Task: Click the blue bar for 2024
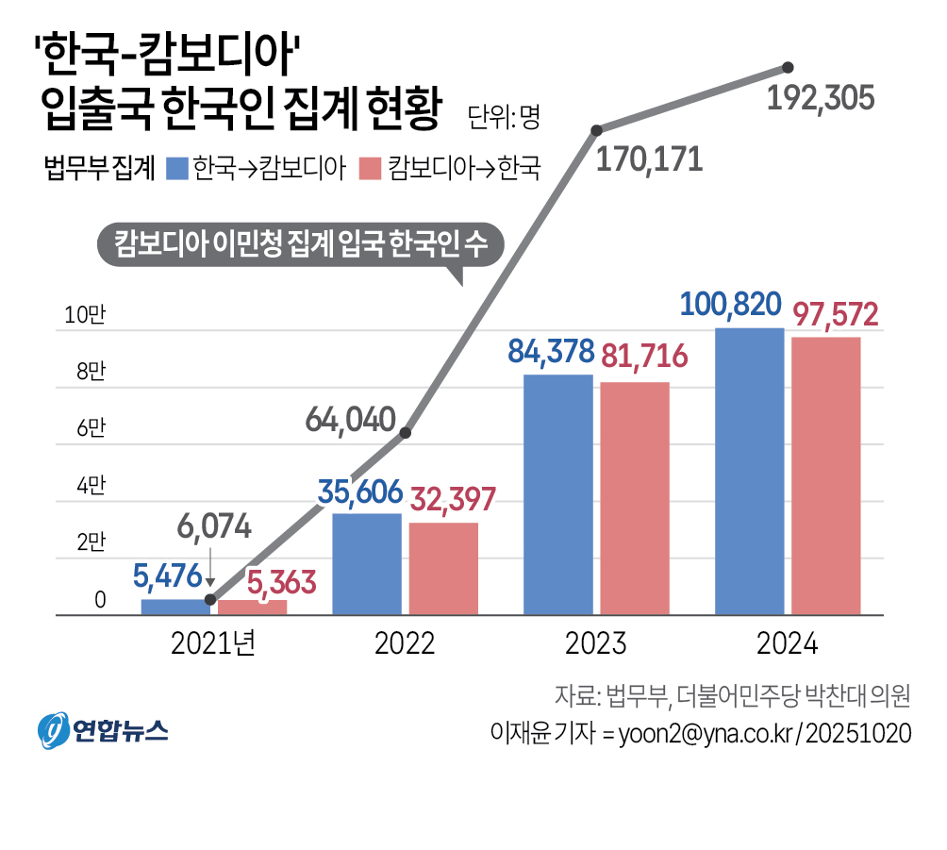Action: [x=749, y=472]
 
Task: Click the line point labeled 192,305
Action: [x=789, y=67]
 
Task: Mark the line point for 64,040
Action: [x=406, y=433]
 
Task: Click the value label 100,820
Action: [x=730, y=305]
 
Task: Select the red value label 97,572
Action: [x=835, y=314]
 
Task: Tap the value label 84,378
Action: [x=551, y=352]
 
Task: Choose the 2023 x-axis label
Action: [x=596, y=644]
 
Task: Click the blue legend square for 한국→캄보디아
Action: [x=176, y=168]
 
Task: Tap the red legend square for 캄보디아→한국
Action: [x=371, y=168]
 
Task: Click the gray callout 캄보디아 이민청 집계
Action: [x=300, y=244]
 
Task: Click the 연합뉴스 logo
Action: [x=103, y=729]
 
